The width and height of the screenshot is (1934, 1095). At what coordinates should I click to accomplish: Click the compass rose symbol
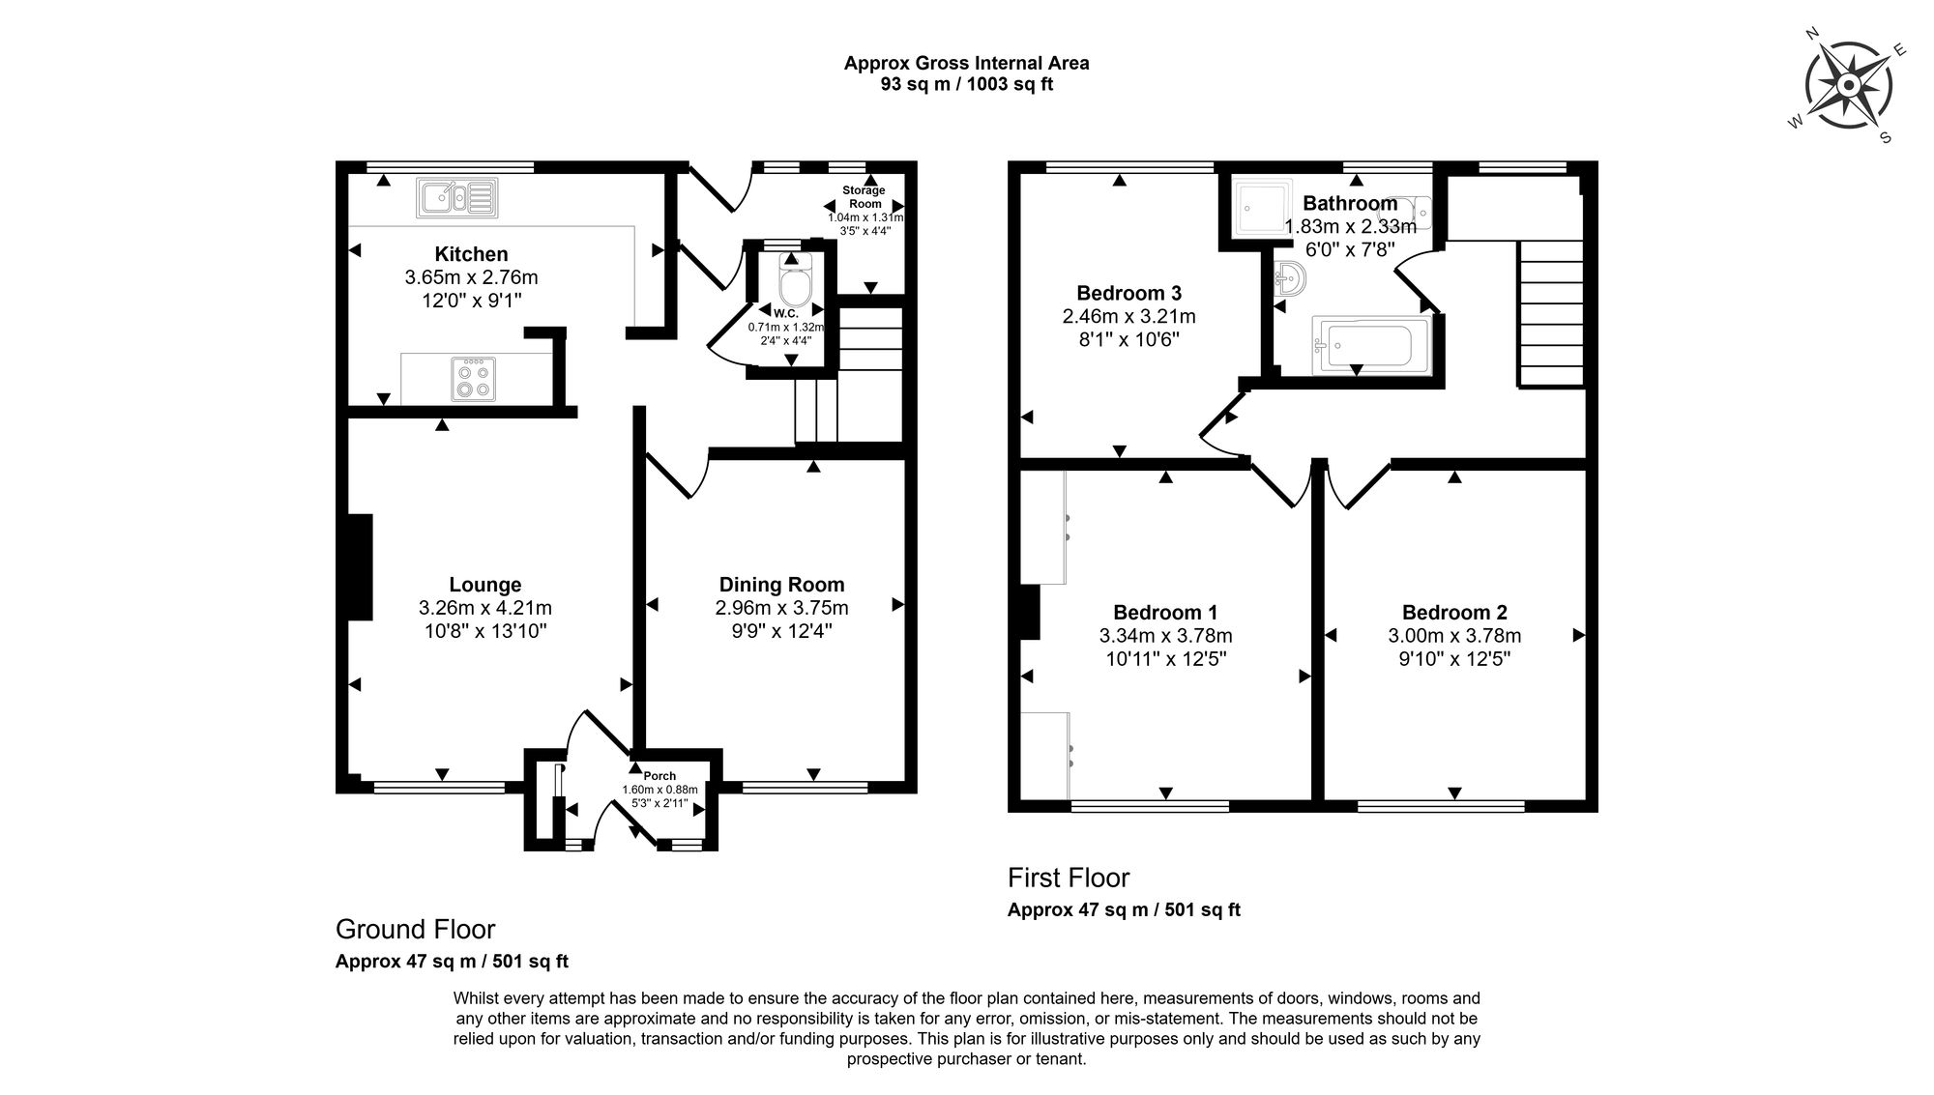(1848, 87)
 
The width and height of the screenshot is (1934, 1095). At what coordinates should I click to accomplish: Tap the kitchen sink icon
(457, 197)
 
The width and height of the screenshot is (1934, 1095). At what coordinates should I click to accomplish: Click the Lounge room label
(484, 585)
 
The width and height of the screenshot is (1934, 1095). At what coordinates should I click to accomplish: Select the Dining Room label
(781, 585)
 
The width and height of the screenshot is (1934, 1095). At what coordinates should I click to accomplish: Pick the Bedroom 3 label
(1128, 293)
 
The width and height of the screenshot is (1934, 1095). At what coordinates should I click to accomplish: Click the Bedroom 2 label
(1453, 613)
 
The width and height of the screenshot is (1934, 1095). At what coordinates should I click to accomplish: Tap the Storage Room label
(864, 197)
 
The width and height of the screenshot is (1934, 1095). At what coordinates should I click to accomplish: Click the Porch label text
(659, 776)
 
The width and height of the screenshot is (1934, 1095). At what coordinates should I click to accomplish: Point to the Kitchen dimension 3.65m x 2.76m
(471, 277)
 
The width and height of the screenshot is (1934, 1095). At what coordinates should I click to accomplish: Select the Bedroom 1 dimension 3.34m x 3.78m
(1165, 636)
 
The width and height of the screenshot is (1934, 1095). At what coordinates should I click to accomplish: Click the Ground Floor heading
(415, 930)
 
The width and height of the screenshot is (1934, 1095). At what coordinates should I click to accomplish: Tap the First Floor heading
(1068, 879)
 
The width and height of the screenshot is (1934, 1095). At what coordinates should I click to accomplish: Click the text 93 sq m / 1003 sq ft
(966, 84)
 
